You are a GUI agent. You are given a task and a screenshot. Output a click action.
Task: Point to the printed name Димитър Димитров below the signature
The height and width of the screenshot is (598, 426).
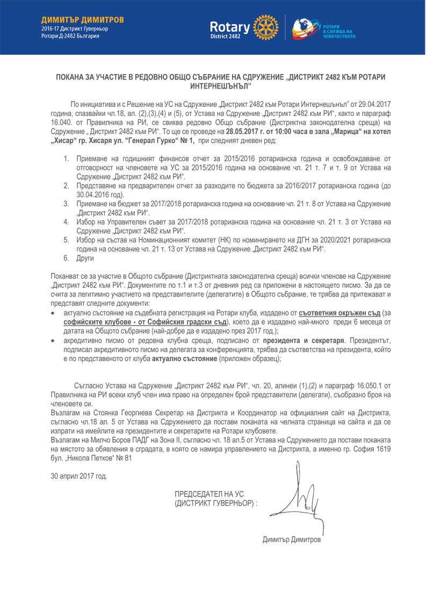click(x=291, y=539)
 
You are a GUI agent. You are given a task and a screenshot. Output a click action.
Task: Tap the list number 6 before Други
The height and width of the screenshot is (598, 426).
click(x=66, y=258)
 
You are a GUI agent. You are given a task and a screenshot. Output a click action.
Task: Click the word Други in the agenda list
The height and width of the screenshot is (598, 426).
click(x=86, y=258)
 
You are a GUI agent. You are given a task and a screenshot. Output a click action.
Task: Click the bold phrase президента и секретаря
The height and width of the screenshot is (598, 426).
click(x=303, y=340)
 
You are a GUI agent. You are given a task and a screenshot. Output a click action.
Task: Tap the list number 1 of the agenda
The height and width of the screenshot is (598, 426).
click(x=66, y=159)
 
